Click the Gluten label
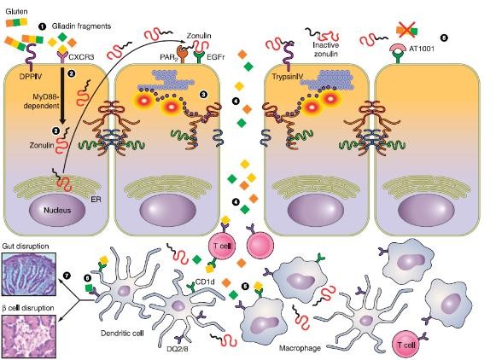click(x=16, y=11)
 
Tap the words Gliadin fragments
click(x=81, y=26)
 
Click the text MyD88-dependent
click(x=42, y=101)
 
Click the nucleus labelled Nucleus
click(x=57, y=210)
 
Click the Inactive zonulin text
click(x=325, y=49)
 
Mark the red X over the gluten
click(x=407, y=30)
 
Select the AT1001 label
click(x=422, y=49)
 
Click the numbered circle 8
click(x=444, y=38)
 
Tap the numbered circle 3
click(x=203, y=94)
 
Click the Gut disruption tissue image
click(x=29, y=274)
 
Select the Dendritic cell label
click(x=122, y=334)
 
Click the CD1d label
click(x=205, y=282)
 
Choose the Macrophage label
click(x=300, y=348)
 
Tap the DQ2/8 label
click(x=178, y=349)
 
